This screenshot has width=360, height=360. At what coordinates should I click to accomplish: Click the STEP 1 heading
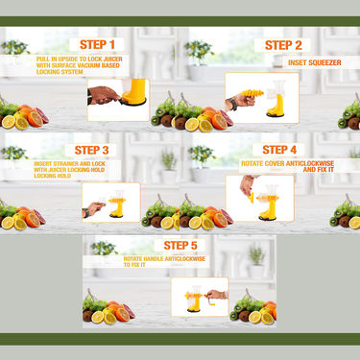(x=100, y=44)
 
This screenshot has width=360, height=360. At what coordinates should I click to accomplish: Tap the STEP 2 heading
(x=283, y=44)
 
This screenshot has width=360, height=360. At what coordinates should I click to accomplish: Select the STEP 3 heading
(x=98, y=150)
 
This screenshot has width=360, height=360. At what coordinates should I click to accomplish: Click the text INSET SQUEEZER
(x=313, y=62)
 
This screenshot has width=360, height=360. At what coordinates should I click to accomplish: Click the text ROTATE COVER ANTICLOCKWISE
(x=293, y=165)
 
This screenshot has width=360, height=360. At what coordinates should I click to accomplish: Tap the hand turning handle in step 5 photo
(x=219, y=296)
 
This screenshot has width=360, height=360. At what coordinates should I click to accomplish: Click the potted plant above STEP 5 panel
(x=255, y=255)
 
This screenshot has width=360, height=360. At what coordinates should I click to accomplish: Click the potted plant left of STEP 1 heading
(x=13, y=48)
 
